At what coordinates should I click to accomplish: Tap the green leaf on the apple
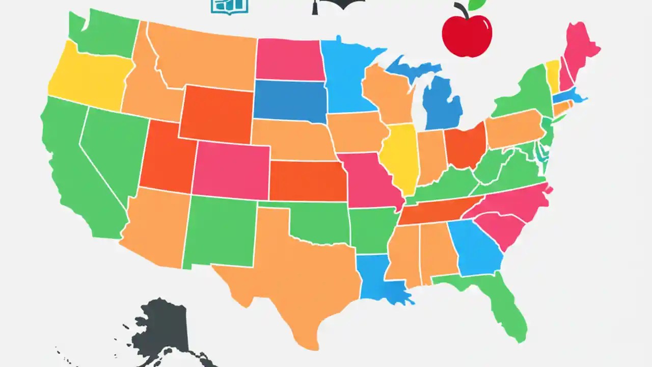(x=477, y=4)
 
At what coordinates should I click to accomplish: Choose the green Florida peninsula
(x=502, y=301)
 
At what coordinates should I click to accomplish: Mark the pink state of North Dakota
(x=289, y=60)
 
